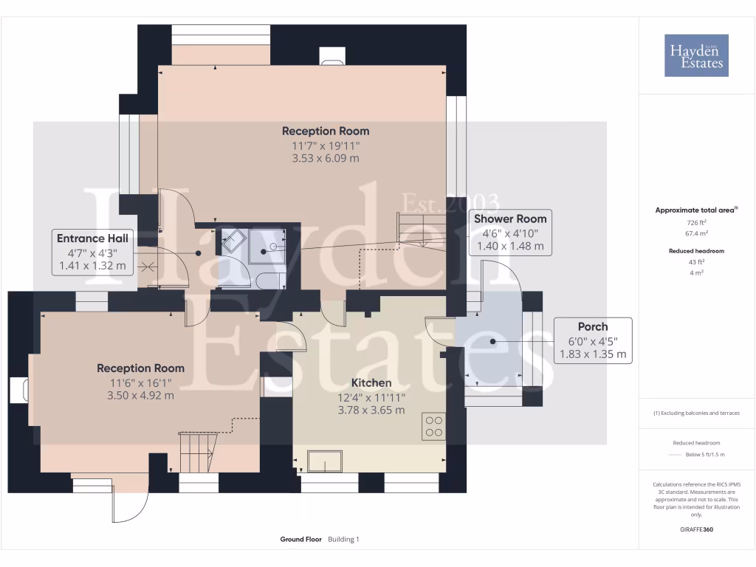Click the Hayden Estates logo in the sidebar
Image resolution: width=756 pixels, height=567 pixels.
click(696, 55)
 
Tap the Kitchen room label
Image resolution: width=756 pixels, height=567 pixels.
click(371, 383)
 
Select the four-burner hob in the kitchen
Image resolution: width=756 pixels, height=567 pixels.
click(433, 427)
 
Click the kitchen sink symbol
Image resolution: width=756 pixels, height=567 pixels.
click(325, 461)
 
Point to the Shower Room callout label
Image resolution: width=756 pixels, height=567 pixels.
click(510, 219)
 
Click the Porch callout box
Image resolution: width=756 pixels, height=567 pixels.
click(593, 340)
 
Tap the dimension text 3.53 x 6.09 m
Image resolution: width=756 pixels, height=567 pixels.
click(325, 158)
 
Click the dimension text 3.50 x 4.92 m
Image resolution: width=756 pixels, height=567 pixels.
click(140, 395)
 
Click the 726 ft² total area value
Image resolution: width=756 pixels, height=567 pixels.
click(697, 222)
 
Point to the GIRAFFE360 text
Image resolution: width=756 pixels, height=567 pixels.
click(697, 529)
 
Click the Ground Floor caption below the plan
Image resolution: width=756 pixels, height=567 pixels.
click(300, 539)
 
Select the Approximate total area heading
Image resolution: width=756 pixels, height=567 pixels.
click(695, 210)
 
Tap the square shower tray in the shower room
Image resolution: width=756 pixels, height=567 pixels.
click(266, 246)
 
